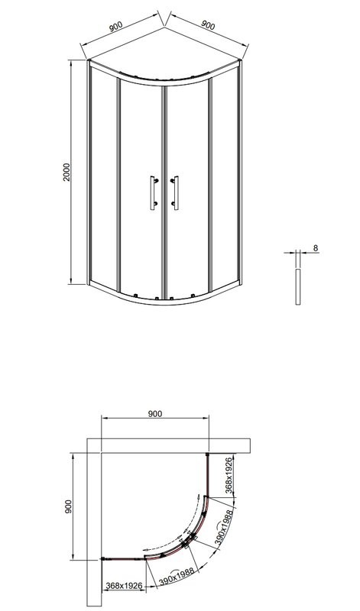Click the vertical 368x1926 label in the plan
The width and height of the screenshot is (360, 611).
(x=227, y=475)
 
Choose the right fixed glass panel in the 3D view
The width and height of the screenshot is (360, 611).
(x=224, y=179)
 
